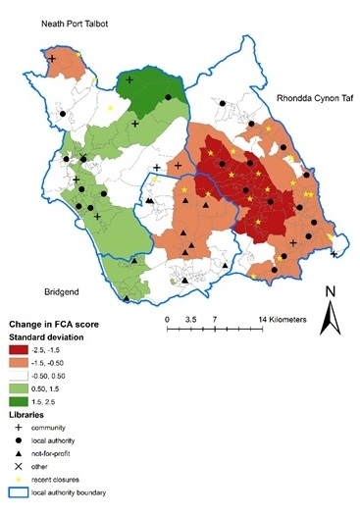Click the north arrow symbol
point(332,318)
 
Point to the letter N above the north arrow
point(332,291)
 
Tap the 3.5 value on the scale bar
point(191,320)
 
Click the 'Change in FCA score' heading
point(53,323)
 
